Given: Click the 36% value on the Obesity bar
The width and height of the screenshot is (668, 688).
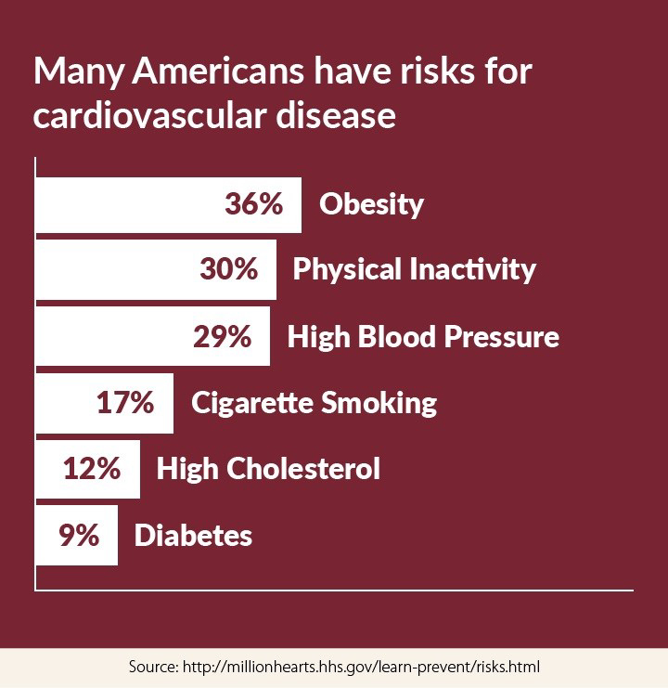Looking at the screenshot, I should tap(253, 204).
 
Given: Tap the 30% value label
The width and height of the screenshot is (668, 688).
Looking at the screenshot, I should tap(228, 269).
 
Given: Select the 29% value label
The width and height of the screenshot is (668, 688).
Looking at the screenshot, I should tap(222, 336).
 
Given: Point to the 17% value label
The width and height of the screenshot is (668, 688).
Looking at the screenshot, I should tap(125, 403).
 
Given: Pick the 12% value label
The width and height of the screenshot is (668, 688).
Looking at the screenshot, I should tap(92, 468).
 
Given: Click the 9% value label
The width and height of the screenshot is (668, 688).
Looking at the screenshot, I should tap(78, 536).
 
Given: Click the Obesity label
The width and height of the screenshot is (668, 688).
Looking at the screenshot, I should tap(371, 204).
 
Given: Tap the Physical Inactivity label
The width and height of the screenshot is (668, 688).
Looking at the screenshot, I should tap(414, 269).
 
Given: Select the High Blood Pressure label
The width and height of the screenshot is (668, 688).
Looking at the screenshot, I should tap(423, 336).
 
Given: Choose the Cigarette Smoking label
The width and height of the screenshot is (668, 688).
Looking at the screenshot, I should tap(314, 403).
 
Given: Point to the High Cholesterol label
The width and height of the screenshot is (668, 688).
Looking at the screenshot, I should tap(268, 468).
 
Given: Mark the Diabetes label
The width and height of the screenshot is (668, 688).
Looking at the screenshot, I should tap(193, 536).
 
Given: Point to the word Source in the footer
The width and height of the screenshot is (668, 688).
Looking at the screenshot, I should tap(152, 667).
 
